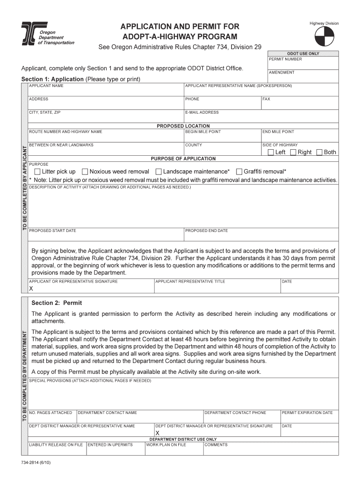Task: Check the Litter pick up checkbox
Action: pyautogui.click(x=37, y=172)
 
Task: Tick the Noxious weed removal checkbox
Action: pyautogui.click(x=85, y=172)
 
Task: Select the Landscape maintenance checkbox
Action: pyautogui.click(x=158, y=172)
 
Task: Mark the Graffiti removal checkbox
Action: pyautogui.click(x=239, y=172)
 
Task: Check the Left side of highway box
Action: pyautogui.click(x=271, y=152)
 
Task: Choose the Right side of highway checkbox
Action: pyautogui.click(x=293, y=152)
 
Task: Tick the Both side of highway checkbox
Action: pyautogui.click(x=319, y=152)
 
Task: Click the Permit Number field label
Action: pyautogui.click(x=285, y=59)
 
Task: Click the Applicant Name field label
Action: pyautogui.click(x=46, y=86)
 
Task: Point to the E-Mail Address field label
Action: pyautogui.click(x=202, y=112)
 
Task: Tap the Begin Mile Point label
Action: pyautogui.click(x=202, y=132)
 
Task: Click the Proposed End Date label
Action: pyautogui.click(x=206, y=231)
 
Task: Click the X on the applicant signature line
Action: pyautogui.click(x=31, y=289)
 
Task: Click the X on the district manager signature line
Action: pyautogui.click(x=157, y=433)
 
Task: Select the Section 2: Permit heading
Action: pyautogui.click(x=57, y=303)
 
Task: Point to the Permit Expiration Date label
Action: pyautogui.click(x=307, y=413)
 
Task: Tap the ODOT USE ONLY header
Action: pyautogui.click(x=303, y=53)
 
